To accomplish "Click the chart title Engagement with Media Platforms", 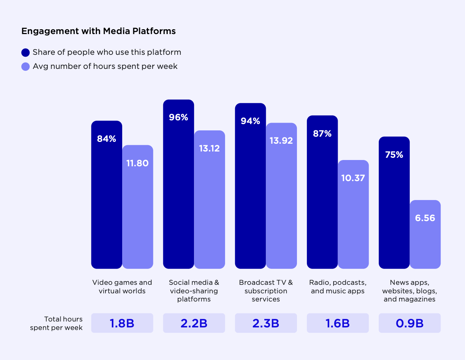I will (x=98, y=31).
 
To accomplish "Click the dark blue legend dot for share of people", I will (x=26, y=53).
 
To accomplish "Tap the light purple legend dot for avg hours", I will (x=26, y=67).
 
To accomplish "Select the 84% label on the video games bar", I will (x=107, y=139).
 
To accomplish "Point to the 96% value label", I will (x=178, y=117).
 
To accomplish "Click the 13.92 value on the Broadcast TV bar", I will (x=281, y=141).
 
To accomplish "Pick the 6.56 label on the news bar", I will (x=425, y=218).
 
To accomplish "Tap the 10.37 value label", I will (x=353, y=178).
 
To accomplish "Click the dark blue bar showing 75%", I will (x=394, y=207).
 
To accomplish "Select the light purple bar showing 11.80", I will (x=138, y=215).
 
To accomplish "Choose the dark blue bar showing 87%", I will (x=322, y=200).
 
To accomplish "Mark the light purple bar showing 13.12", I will (x=210, y=207).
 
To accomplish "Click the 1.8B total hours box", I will (x=122, y=323).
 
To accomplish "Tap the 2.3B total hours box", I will (x=266, y=323).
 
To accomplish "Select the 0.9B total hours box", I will (x=409, y=323).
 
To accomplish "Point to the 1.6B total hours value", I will (x=338, y=323).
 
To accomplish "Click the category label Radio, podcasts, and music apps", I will (x=338, y=287).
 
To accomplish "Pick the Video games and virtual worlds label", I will (x=122, y=287).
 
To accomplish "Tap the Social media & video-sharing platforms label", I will (x=194, y=291).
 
